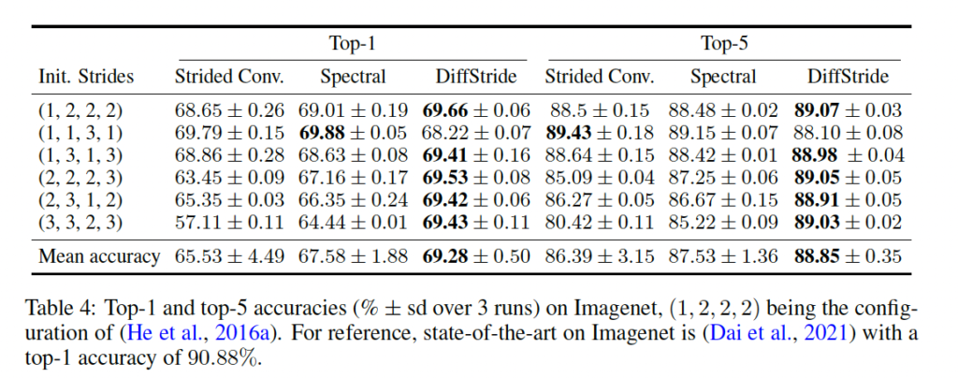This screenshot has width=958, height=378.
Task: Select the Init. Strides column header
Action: [86, 77]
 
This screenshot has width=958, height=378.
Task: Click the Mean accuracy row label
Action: [98, 255]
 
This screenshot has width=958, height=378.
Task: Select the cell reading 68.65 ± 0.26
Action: [230, 110]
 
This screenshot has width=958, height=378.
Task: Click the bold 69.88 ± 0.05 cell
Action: [354, 132]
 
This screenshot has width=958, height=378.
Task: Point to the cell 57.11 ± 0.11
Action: [230, 222]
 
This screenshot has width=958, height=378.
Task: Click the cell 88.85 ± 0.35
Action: [849, 255]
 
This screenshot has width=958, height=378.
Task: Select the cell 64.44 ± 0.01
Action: [354, 222]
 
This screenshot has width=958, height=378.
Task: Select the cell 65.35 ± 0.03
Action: [230, 199]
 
